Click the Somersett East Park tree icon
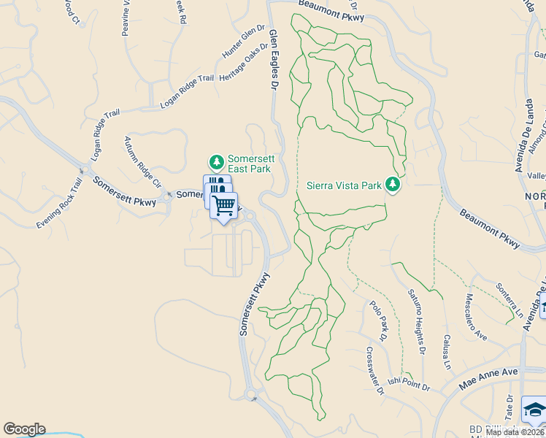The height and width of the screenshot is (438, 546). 216,161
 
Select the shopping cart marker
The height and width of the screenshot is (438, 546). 223,204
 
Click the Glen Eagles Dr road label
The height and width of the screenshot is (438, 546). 274,60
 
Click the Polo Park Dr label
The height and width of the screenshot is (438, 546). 377,321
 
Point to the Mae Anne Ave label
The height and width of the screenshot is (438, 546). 488,377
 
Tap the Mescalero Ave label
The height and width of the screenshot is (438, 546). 476,317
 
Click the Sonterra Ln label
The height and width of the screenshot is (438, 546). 510,299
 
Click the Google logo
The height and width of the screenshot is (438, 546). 24,429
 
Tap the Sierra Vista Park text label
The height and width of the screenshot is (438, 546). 344,185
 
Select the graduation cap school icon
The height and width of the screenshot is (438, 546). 534,410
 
